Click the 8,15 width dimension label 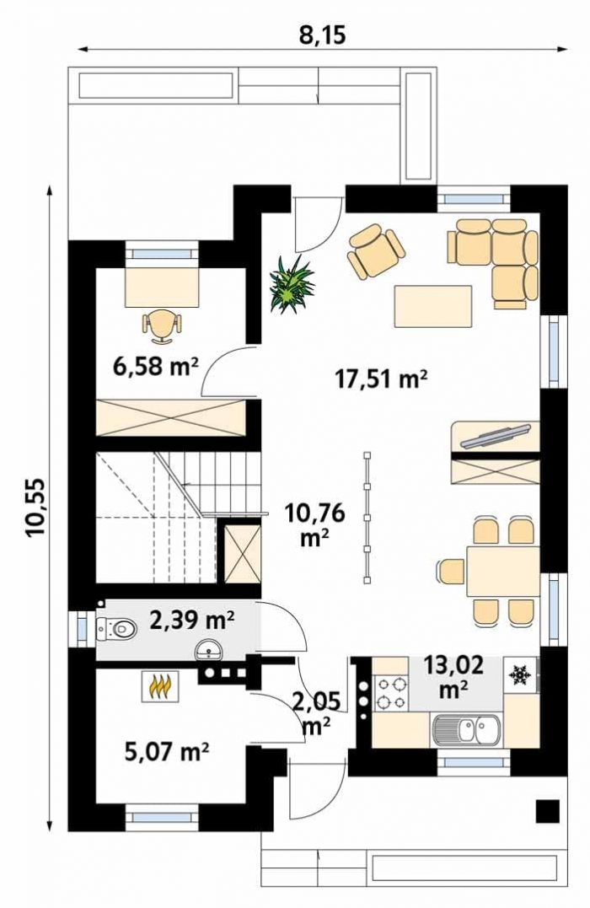click(x=323, y=35)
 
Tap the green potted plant click(x=292, y=283)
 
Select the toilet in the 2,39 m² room click(x=115, y=628)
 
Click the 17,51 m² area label click(x=382, y=379)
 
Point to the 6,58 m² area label click(x=156, y=367)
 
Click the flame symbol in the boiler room click(x=160, y=686)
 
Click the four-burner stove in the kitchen click(x=391, y=694)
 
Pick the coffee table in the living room click(x=433, y=306)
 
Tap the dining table click(x=503, y=571)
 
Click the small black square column click(x=547, y=811)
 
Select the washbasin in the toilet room click(x=207, y=650)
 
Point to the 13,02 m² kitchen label click(x=453, y=676)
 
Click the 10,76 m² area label click(x=315, y=524)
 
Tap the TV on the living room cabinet click(x=496, y=436)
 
